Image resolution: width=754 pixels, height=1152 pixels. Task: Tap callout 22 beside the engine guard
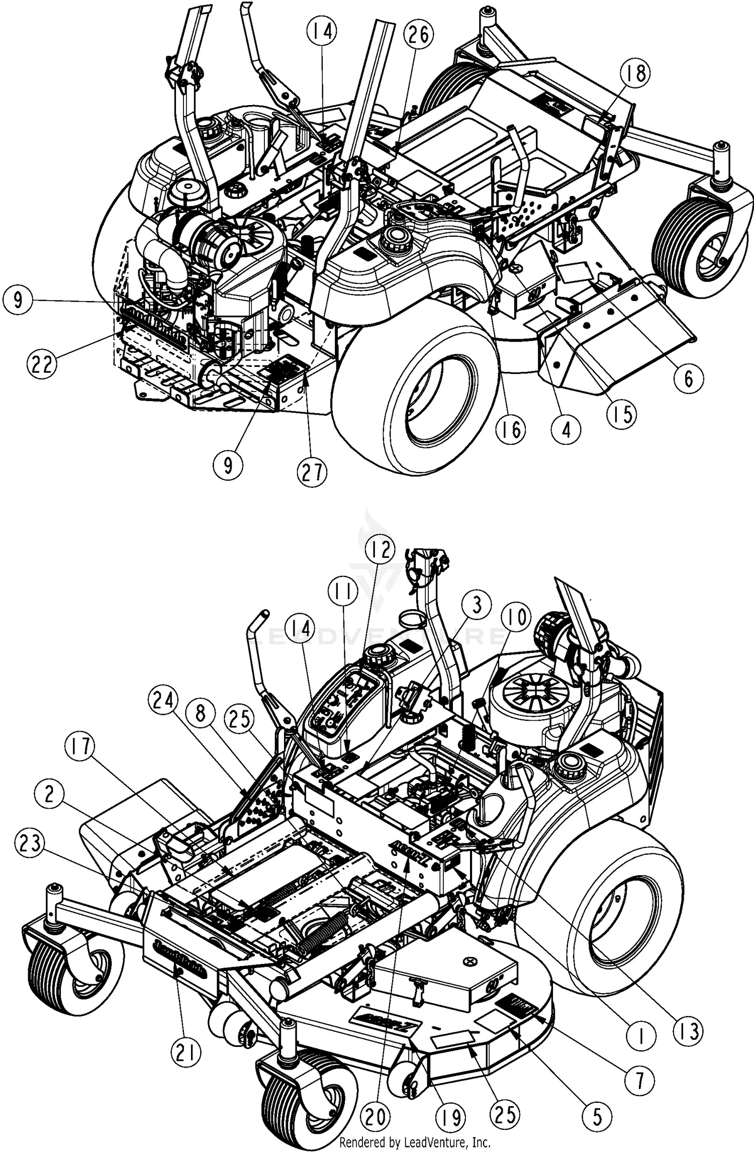click(42, 363)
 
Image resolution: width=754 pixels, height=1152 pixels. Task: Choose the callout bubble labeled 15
click(622, 415)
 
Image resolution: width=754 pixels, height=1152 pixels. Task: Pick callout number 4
click(566, 430)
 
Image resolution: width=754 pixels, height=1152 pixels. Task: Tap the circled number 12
click(381, 551)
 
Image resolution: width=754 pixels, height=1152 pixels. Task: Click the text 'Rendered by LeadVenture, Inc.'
click(415, 1142)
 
